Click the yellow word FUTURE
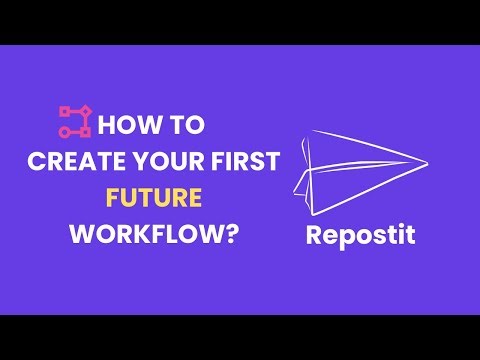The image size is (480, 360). (x=158, y=199)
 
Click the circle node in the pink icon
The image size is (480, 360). (x=85, y=131)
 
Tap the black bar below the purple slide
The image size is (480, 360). (x=240, y=337)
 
